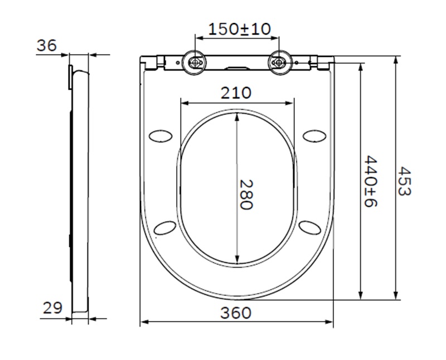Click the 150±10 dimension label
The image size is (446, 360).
240,30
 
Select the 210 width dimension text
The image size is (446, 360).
236,93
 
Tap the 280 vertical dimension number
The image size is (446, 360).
246,194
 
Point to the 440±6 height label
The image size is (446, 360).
371,182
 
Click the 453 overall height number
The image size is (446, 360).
404,182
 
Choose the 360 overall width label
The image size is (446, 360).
236,313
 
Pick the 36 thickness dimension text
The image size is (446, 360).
47,46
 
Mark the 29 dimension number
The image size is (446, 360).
52,308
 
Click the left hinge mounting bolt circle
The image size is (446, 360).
195,62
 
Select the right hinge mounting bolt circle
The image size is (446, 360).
280,62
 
